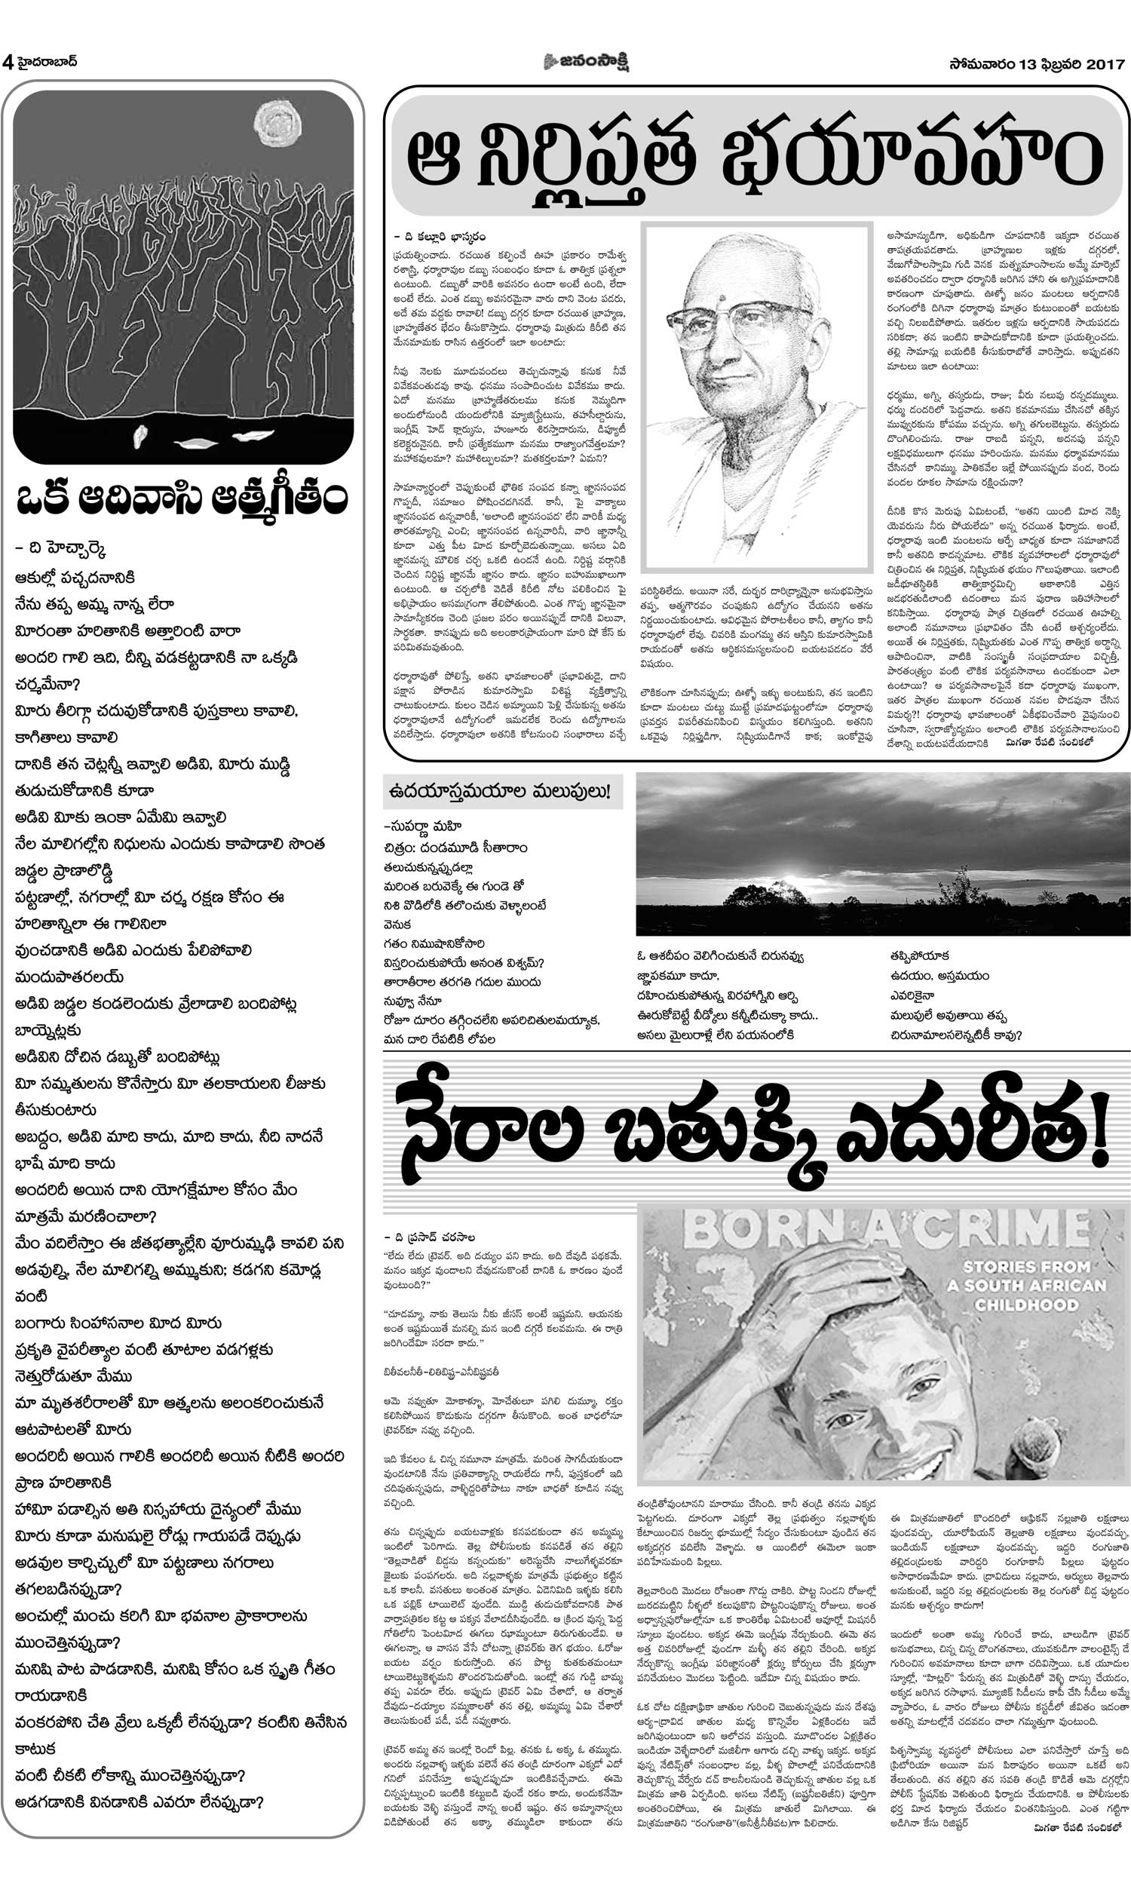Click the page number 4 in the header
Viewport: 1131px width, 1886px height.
pos(8,63)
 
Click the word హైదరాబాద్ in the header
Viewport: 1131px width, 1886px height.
pos(48,62)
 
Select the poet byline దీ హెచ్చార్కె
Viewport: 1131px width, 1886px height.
pos(60,550)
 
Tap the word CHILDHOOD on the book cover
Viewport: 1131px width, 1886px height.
pos(1026,1305)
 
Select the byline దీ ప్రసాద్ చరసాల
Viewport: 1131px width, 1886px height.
pos(431,1237)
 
